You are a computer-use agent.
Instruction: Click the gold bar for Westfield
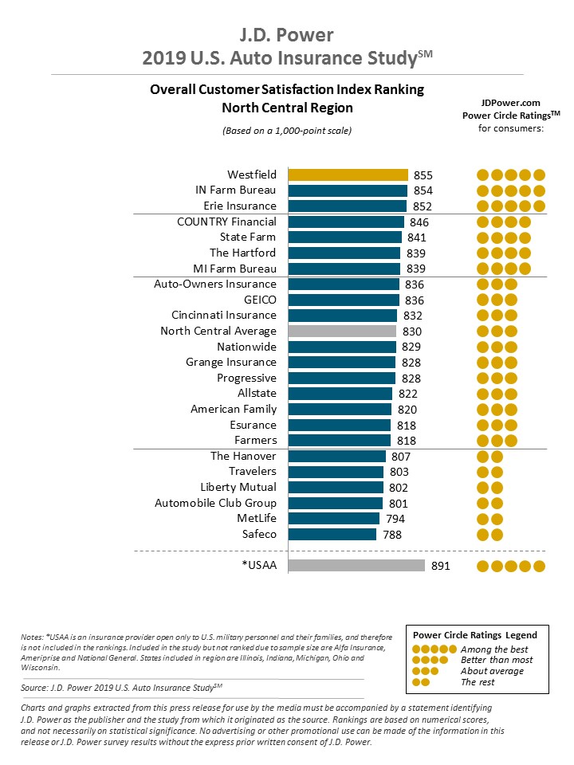(348, 175)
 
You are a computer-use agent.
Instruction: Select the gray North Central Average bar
(342, 331)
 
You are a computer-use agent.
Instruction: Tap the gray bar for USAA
(356, 566)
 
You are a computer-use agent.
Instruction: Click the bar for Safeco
(332, 534)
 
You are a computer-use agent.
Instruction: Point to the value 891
(441, 566)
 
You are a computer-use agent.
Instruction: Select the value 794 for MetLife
(395, 519)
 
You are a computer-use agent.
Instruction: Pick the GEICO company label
(260, 300)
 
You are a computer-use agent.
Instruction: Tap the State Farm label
(248, 237)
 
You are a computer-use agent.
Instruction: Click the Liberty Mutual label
(238, 487)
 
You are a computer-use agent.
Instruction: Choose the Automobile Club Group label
(215, 503)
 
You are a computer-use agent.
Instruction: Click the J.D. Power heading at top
(287, 35)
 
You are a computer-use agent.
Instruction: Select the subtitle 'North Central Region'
(287, 108)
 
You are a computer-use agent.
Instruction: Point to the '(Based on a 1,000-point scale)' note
(287, 130)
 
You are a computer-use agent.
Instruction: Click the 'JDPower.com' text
(510, 103)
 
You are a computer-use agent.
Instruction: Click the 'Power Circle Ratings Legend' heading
(474, 635)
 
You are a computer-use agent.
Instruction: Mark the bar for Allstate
(340, 394)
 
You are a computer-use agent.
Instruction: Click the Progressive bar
(342, 378)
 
